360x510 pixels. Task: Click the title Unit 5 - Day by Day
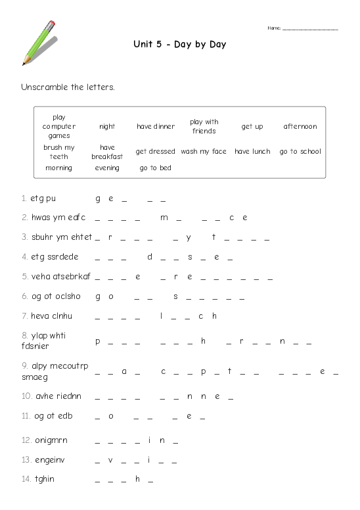point(179,45)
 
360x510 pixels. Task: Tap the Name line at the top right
point(309,28)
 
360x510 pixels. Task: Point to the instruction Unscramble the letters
point(68,87)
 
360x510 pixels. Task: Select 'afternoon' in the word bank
point(300,126)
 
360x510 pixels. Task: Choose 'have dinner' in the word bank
point(156,126)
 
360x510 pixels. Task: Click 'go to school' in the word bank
point(300,151)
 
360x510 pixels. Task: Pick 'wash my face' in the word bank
point(204,151)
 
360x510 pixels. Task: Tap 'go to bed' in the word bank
point(156,168)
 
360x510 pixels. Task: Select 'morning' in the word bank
point(59,168)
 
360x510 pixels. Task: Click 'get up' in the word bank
point(252,126)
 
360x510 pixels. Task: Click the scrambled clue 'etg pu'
point(43,198)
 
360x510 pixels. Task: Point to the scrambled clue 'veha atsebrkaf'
point(60,277)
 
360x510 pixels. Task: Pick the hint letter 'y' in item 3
point(189,237)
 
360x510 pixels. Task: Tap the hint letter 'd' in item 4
point(150,257)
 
